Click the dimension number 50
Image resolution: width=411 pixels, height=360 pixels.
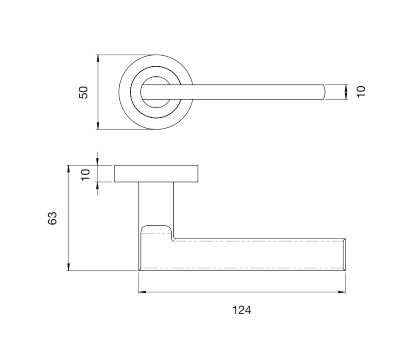click(83, 92)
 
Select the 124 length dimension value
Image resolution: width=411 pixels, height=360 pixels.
click(242, 310)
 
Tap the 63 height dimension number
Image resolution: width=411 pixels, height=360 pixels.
click(52, 218)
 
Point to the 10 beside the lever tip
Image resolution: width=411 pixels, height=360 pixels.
click(361, 92)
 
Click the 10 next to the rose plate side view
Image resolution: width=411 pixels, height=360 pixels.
click(86, 174)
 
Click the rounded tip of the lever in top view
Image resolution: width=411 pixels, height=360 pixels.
click(323, 92)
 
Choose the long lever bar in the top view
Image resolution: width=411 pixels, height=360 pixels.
click(244, 92)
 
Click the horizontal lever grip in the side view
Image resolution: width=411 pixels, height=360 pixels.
click(253, 255)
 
